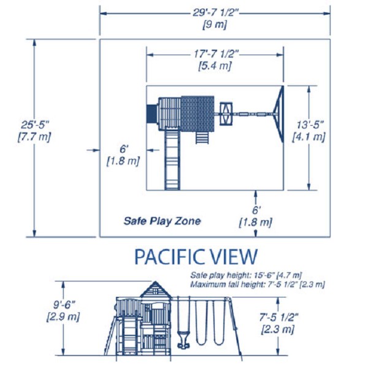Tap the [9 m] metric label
pos(215,25)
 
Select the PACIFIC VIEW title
pos(196,256)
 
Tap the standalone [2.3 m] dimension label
pos(278,329)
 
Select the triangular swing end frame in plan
pos(281,115)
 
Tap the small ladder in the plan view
pos(201,137)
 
